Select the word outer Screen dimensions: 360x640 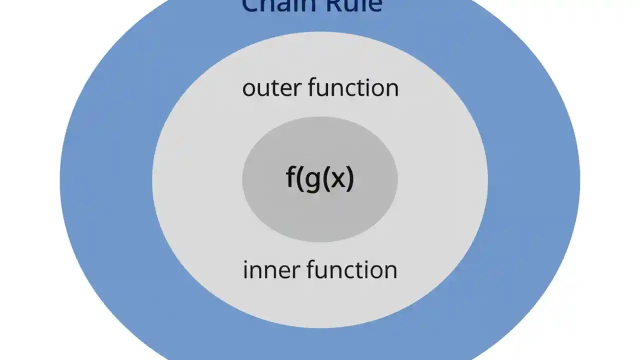pyautogui.click(x=271, y=88)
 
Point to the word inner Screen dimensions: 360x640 pyautogui.click(x=271, y=270)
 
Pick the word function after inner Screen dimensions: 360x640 pyautogui.click(x=352, y=270)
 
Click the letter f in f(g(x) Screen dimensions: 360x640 pyautogui.click(x=291, y=177)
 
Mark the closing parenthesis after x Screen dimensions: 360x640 pyautogui.click(x=350, y=179)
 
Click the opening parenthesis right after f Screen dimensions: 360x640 pyautogui.click(x=300, y=179)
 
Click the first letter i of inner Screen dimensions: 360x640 pyautogui.click(x=245, y=270)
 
